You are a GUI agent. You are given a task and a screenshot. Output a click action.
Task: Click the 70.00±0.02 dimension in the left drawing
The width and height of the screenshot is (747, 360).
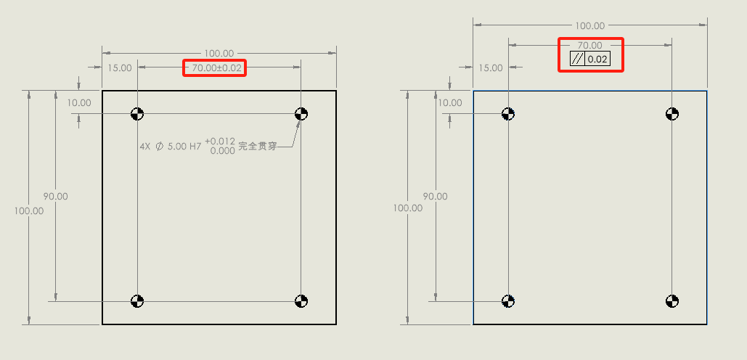pos(215,68)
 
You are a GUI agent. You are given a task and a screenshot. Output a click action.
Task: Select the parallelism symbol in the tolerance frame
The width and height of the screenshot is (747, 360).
pos(577,59)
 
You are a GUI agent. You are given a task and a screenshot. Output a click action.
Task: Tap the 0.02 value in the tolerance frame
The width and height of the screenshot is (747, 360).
pos(597,60)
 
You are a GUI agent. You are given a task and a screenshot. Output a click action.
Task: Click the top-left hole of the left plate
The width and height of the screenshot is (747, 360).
pos(137,114)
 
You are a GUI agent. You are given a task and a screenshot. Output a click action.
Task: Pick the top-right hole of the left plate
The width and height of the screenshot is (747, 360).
pos(301,114)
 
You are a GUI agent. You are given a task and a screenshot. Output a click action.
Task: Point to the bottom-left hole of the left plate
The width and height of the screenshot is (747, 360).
pos(137,301)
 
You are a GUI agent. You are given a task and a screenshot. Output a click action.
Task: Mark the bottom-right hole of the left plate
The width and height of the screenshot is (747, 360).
pos(301,301)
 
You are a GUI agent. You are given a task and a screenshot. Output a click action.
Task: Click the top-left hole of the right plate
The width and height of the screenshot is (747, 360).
pos(508,114)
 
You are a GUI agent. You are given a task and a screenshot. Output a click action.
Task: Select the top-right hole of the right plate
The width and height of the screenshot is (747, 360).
pos(672,114)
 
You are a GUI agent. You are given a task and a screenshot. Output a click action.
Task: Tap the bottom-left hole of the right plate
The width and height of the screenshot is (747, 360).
pos(508,301)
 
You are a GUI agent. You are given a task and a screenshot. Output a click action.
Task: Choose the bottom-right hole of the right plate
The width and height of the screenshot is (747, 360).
pos(672,301)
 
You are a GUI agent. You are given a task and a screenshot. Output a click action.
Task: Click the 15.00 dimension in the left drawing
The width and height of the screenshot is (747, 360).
pos(120,68)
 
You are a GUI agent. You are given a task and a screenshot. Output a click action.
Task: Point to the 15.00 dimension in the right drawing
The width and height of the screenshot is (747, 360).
pos(491,68)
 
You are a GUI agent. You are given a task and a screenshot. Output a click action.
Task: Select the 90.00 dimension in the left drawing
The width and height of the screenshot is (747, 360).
pos(56,196)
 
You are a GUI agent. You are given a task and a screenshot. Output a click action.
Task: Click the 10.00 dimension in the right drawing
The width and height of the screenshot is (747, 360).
pos(450,102)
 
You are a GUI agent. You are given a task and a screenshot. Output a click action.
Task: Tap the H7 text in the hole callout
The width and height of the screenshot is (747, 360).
pos(195,147)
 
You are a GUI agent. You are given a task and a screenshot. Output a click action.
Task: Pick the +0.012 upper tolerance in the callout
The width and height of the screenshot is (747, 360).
pos(220,142)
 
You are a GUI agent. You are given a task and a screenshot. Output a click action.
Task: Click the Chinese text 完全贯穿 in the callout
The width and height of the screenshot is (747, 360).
pos(257,147)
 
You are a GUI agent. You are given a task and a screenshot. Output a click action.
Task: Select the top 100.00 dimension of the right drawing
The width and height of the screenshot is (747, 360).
pos(589,25)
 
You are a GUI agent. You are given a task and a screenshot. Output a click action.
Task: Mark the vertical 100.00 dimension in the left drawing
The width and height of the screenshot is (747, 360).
pos(28,210)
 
